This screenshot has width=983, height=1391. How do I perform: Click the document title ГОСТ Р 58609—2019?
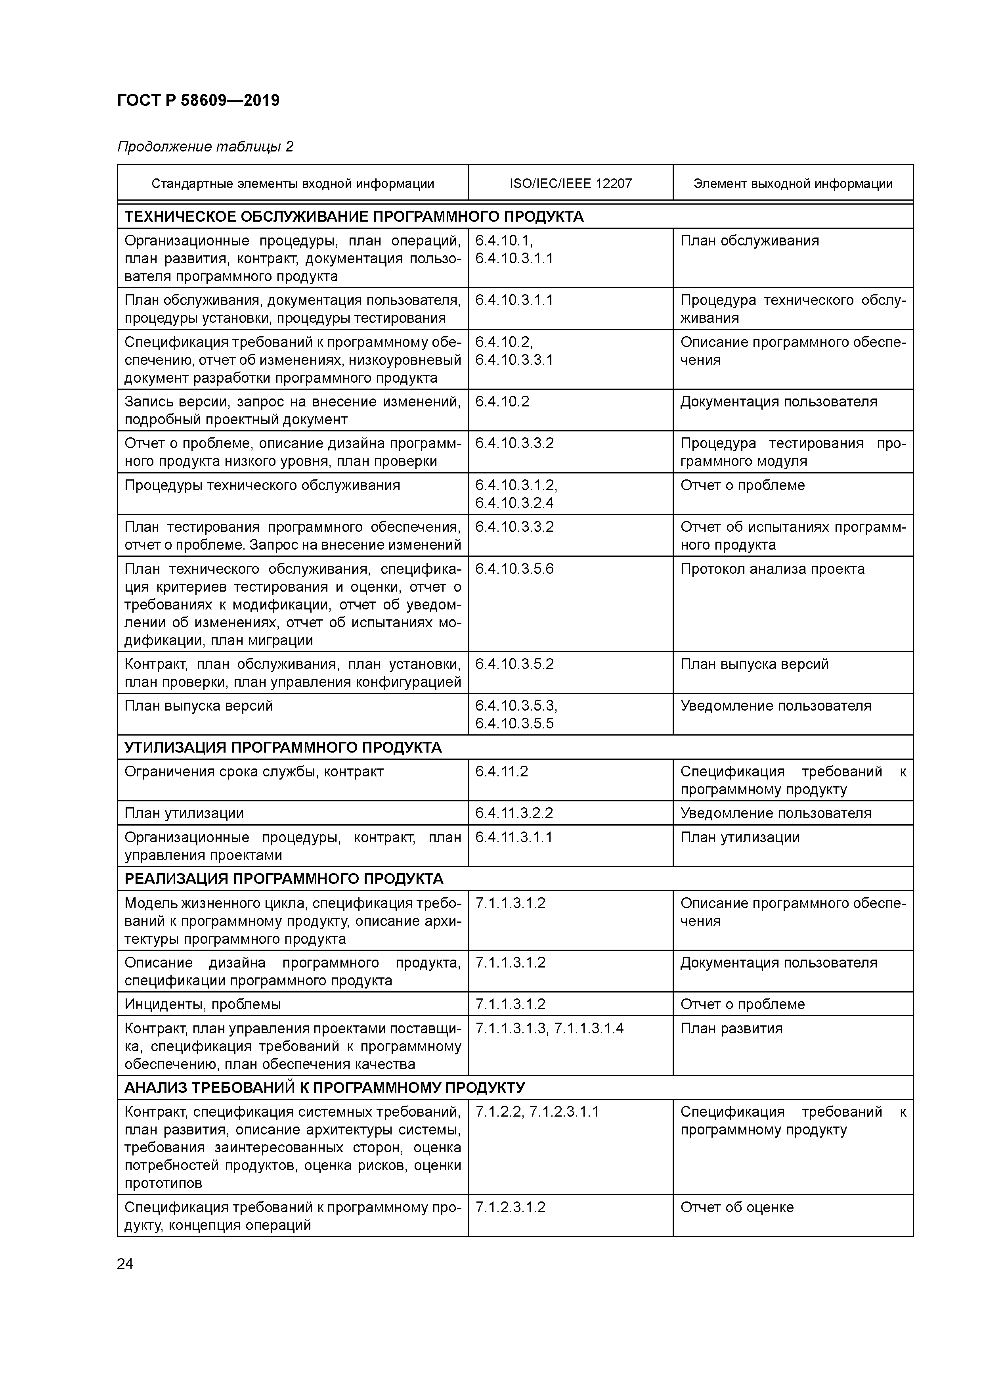click(198, 101)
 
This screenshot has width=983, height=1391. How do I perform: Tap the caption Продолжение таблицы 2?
click(205, 147)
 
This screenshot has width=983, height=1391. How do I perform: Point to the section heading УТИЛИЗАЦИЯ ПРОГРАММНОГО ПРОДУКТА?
click(283, 747)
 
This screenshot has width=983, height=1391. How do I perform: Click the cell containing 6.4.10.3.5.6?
click(514, 569)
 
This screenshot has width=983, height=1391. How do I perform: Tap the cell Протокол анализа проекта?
click(772, 569)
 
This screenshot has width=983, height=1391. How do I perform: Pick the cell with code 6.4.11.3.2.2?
click(514, 813)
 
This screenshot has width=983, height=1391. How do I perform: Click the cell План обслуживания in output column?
click(749, 241)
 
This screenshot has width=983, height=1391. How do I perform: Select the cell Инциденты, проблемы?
click(203, 1004)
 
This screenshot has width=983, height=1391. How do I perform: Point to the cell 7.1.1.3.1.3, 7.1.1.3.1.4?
click(549, 1028)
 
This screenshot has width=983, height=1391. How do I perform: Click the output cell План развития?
click(731, 1028)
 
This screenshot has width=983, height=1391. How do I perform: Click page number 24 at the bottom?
click(125, 1264)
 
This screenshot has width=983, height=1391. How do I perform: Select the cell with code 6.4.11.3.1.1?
click(514, 837)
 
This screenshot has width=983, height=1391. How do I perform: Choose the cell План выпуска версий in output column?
click(754, 664)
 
